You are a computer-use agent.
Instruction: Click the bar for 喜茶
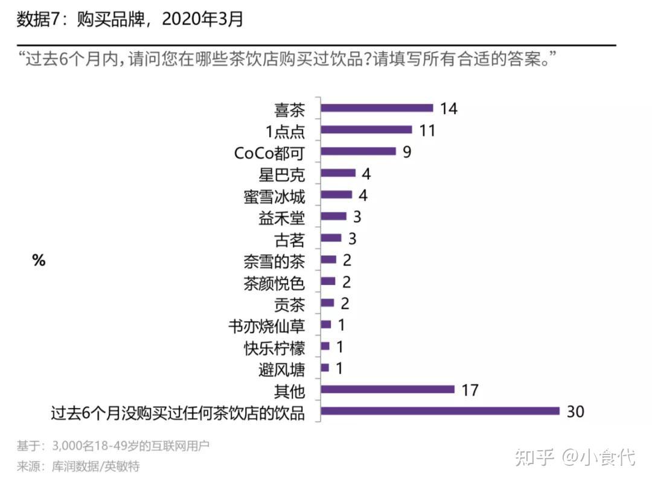point(377,108)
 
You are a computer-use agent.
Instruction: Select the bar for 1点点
point(366,130)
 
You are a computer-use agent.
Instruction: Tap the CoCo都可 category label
point(269,153)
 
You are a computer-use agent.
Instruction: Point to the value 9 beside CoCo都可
point(407,151)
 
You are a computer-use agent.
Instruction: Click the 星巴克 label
point(281,175)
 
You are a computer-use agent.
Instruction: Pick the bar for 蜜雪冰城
point(336,194)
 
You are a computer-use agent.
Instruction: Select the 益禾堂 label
point(281,218)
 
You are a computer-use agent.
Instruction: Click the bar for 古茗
point(331,238)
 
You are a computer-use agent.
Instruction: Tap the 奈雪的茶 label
point(274,261)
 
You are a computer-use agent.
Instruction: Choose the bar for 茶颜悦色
point(328,281)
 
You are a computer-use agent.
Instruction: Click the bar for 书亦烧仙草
point(326,325)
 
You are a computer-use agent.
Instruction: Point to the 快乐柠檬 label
point(274,348)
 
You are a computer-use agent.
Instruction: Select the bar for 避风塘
point(325,368)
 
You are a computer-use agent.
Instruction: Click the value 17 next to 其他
point(470,390)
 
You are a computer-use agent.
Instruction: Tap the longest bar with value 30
point(440,411)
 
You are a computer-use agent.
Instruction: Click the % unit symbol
point(39,261)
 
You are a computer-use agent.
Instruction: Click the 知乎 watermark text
point(534,457)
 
